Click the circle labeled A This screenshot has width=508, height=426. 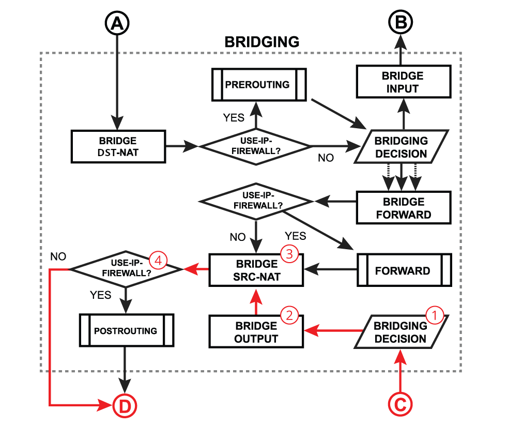(117, 23)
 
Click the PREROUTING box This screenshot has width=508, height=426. (257, 84)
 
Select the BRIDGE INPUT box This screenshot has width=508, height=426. (403, 82)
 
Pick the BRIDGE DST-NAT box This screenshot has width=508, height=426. (118, 147)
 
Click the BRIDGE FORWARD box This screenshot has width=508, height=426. (404, 208)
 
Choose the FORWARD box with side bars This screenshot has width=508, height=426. (403, 270)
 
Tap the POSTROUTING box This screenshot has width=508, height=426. (126, 330)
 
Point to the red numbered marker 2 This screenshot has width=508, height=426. (289, 315)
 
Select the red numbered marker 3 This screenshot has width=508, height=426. (289, 254)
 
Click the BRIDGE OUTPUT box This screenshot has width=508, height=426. (256, 332)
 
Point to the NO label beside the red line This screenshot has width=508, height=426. (58, 256)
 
